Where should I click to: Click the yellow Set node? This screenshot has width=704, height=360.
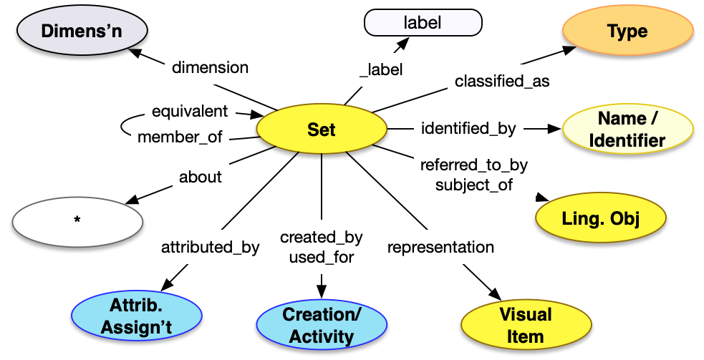point(321,130)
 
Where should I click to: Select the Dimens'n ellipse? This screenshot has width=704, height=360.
point(83,31)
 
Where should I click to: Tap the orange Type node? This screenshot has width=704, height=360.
point(627,31)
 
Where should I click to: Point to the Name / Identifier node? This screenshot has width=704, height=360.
point(627,130)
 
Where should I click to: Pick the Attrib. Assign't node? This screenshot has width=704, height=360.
point(137,317)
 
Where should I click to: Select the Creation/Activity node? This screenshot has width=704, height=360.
point(322,325)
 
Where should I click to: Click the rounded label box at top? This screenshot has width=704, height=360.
point(423,23)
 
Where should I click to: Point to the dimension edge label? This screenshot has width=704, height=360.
point(210,68)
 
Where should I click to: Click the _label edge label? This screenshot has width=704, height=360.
point(381,70)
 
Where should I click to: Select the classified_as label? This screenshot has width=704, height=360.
point(502,82)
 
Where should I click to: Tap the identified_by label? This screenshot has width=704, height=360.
point(468,129)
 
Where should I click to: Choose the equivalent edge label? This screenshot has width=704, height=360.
point(190,111)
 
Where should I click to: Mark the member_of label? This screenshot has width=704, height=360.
point(180,137)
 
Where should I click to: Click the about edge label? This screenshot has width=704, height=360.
point(201,177)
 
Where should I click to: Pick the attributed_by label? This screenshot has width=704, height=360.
point(210,248)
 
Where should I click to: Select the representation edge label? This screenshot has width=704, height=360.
point(440,248)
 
